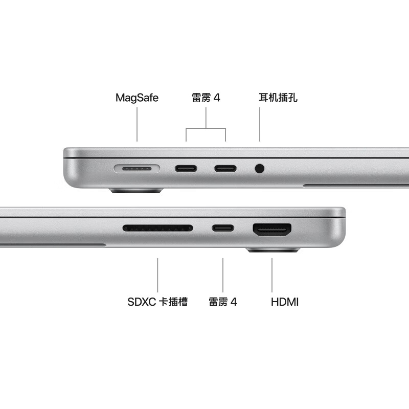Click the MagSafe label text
tap(137, 98)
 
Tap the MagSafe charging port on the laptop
tap(137, 168)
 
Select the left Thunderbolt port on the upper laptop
tap(186, 168)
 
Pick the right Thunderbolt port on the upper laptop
tap(225, 168)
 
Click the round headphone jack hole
tap(260, 168)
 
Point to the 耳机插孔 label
tap(278, 98)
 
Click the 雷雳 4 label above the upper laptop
tap(206, 98)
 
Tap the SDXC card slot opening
tap(157, 228)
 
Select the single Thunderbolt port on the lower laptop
tap(223, 228)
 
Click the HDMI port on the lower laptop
tap(272, 230)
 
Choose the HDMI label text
tap(284, 302)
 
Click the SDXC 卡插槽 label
tap(157, 302)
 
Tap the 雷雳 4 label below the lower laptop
tap(223, 302)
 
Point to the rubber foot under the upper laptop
tap(136, 191)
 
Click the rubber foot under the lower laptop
tap(273, 251)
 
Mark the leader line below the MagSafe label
tap(137, 125)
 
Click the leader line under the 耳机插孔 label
tap(260, 125)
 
